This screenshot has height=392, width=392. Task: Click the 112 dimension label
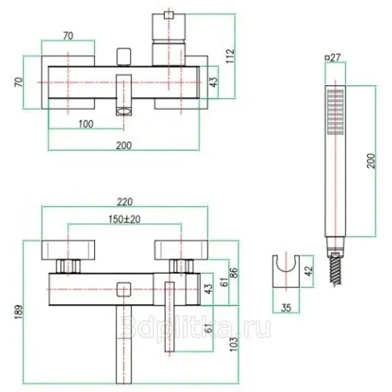(x=230, y=56)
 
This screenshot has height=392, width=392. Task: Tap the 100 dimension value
(x=86, y=124)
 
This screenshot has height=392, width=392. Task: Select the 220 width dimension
(x=125, y=202)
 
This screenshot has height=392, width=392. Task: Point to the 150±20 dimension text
(x=124, y=219)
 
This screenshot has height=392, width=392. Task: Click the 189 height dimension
(x=19, y=312)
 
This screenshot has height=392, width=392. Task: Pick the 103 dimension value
(x=234, y=344)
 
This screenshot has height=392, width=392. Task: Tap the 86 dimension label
(x=233, y=273)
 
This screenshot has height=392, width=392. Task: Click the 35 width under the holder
(x=286, y=308)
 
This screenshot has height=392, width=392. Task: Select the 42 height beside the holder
(x=309, y=271)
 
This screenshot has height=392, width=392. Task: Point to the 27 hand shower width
(x=335, y=57)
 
